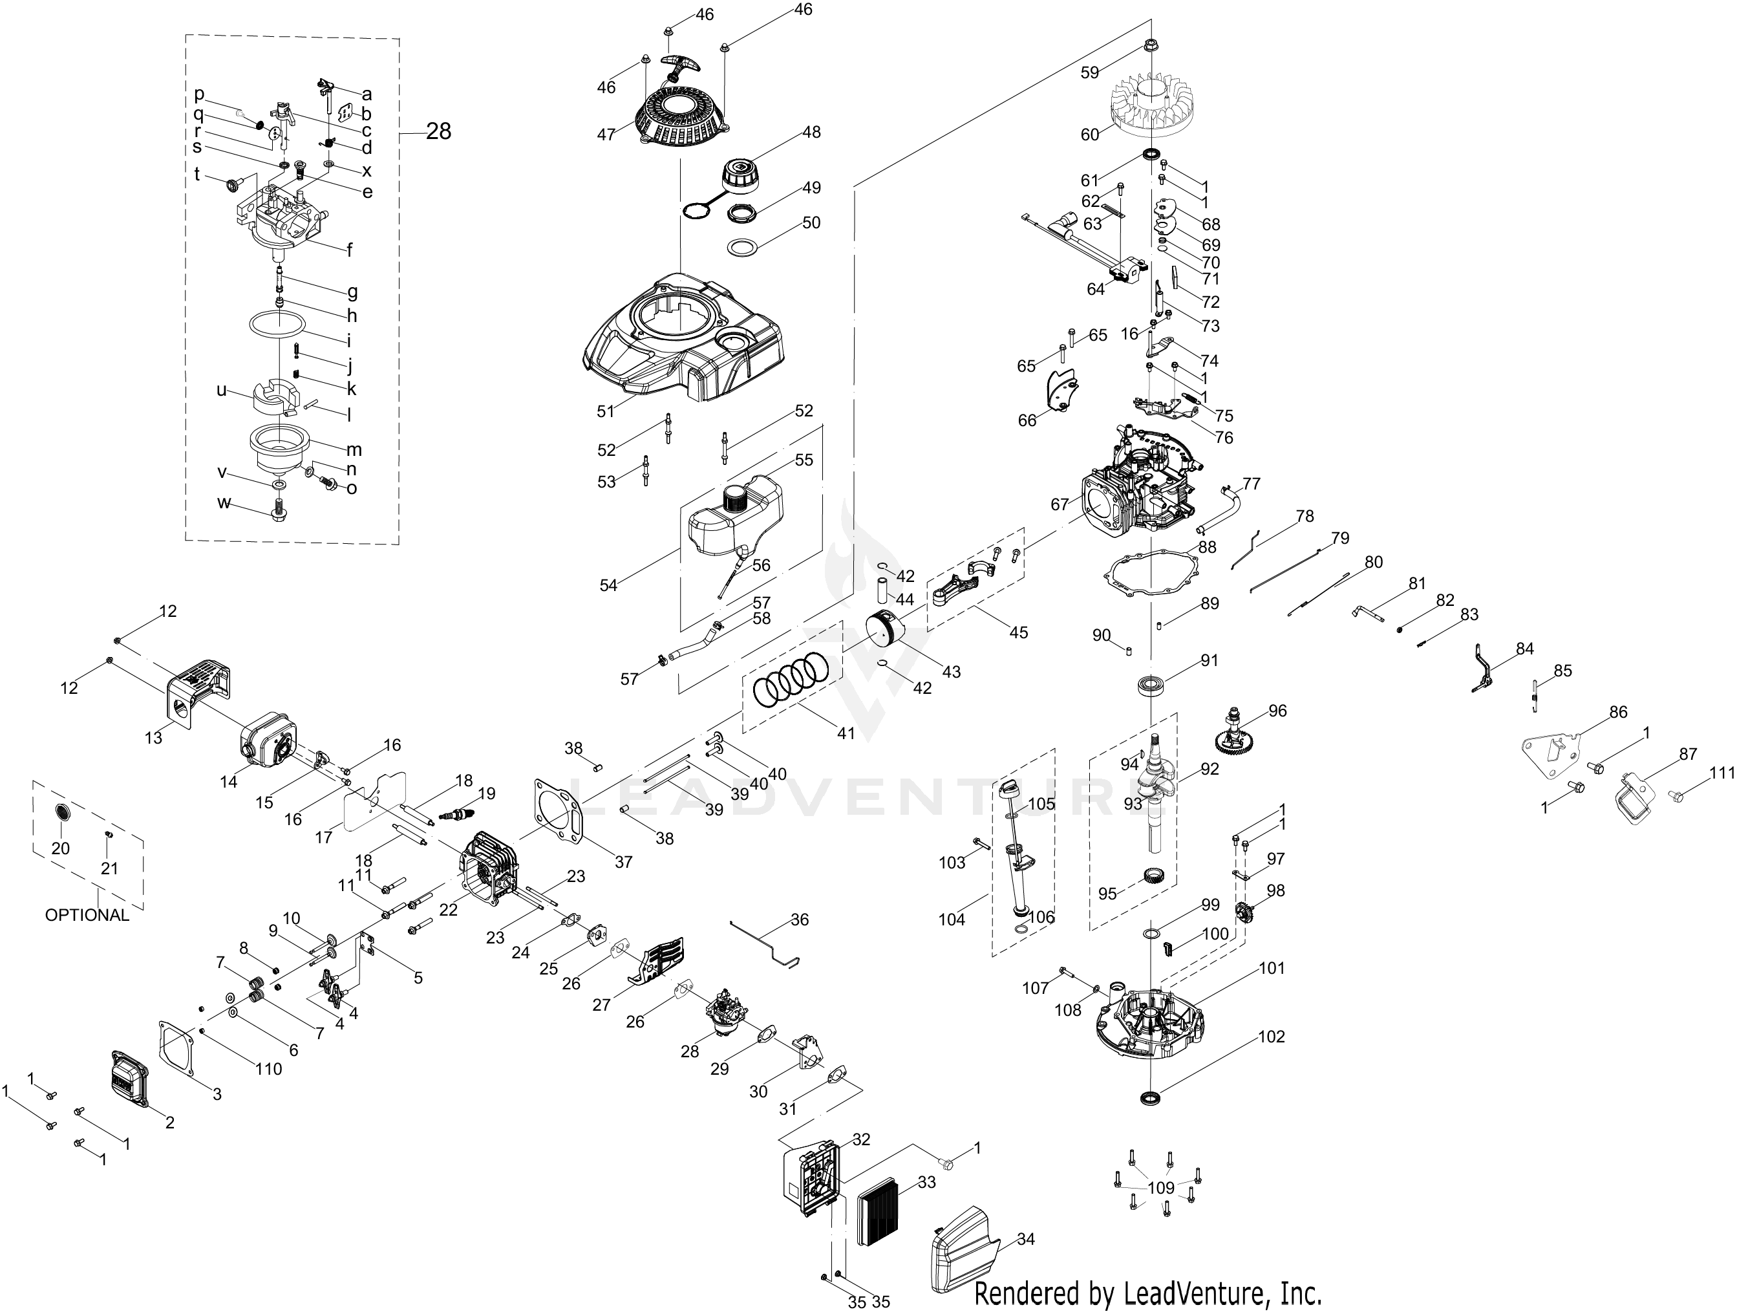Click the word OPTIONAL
point(87,915)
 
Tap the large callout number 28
point(438,131)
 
